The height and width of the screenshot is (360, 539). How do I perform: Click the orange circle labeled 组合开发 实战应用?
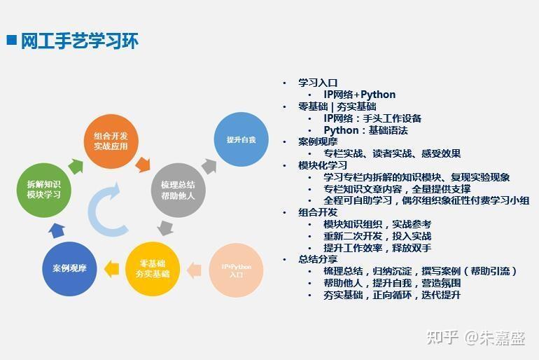tap(111, 141)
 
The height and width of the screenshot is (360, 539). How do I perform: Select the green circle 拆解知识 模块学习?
tap(43, 190)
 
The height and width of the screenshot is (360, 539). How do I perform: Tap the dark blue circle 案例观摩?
tap(69, 268)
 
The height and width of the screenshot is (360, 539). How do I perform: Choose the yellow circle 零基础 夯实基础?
tap(153, 268)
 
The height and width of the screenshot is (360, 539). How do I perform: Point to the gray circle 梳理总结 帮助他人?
tap(178, 190)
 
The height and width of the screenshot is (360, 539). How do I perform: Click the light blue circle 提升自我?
tap(241, 139)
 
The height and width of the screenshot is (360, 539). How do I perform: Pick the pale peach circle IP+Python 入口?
tap(236, 270)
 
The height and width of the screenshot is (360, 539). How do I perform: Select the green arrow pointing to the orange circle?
tap(76, 167)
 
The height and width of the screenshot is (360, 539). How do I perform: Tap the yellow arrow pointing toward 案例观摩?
tap(112, 268)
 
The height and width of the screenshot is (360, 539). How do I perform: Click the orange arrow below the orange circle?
tap(143, 165)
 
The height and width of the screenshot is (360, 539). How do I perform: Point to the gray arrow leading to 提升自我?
tap(209, 167)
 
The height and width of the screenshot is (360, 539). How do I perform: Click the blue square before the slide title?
tap(12, 40)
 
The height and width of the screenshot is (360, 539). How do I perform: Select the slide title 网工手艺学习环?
tap(79, 41)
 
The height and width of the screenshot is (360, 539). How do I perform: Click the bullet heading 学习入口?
tap(318, 83)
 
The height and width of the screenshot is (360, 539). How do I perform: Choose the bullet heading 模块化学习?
tap(323, 165)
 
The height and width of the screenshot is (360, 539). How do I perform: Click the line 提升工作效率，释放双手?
tap(377, 248)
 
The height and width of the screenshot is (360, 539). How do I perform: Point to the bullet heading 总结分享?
tap(318, 259)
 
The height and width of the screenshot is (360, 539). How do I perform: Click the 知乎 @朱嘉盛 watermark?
tap(476, 338)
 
